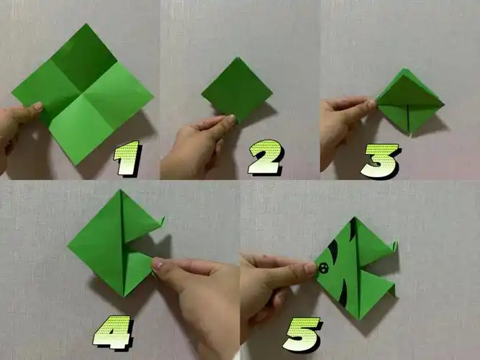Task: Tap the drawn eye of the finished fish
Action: tap(323, 269)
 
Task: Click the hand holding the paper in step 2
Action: tap(194, 148)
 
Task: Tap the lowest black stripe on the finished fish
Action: tap(343, 294)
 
